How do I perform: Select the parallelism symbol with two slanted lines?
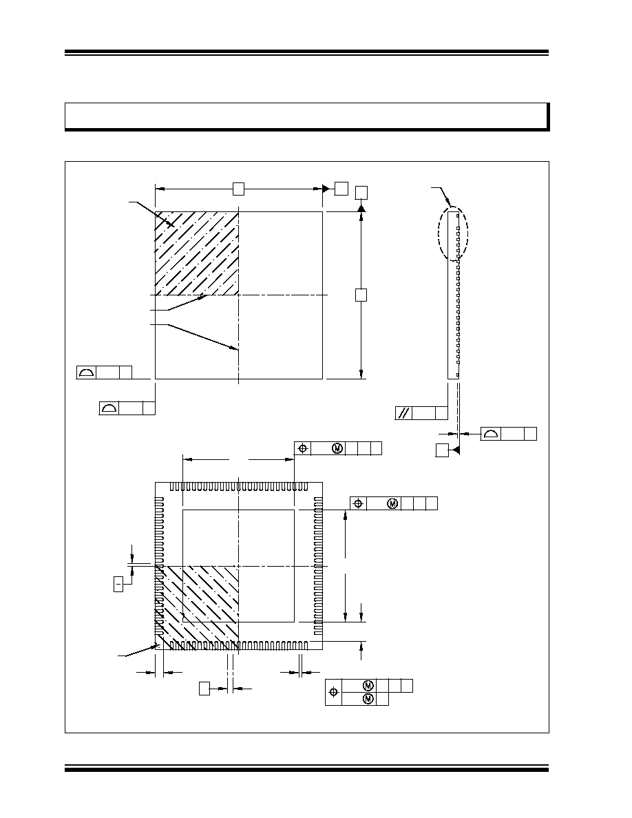pyautogui.click(x=403, y=413)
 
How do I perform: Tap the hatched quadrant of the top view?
pyautogui.click(x=197, y=253)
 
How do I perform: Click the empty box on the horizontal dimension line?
pyautogui.click(x=238, y=189)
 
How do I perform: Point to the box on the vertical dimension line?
pyautogui.click(x=361, y=295)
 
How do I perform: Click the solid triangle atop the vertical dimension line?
pyautogui.click(x=361, y=208)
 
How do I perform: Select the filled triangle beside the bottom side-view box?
pyautogui.click(x=456, y=450)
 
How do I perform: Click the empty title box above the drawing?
pyautogui.click(x=306, y=116)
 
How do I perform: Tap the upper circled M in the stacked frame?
pyautogui.click(x=368, y=686)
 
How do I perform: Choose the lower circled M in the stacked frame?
pyautogui.click(x=368, y=698)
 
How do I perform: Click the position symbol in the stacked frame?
pyautogui.click(x=334, y=692)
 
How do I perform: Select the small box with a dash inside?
pyautogui.click(x=118, y=585)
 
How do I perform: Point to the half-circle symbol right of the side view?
pyautogui.click(x=491, y=434)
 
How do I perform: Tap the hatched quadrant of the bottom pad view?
pyautogui.click(x=197, y=608)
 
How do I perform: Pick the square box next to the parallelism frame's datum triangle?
pyautogui.click(x=442, y=450)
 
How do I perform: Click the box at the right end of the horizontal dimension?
pyautogui.click(x=341, y=189)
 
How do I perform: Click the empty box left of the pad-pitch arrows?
pyautogui.click(x=204, y=689)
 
